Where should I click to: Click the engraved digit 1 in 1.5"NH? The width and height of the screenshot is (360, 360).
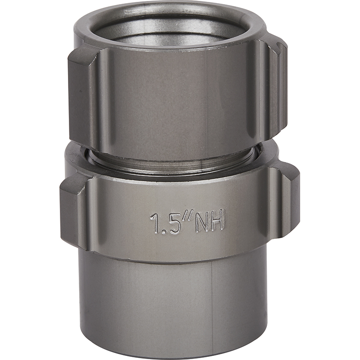pyautogui.click(x=154, y=223)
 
